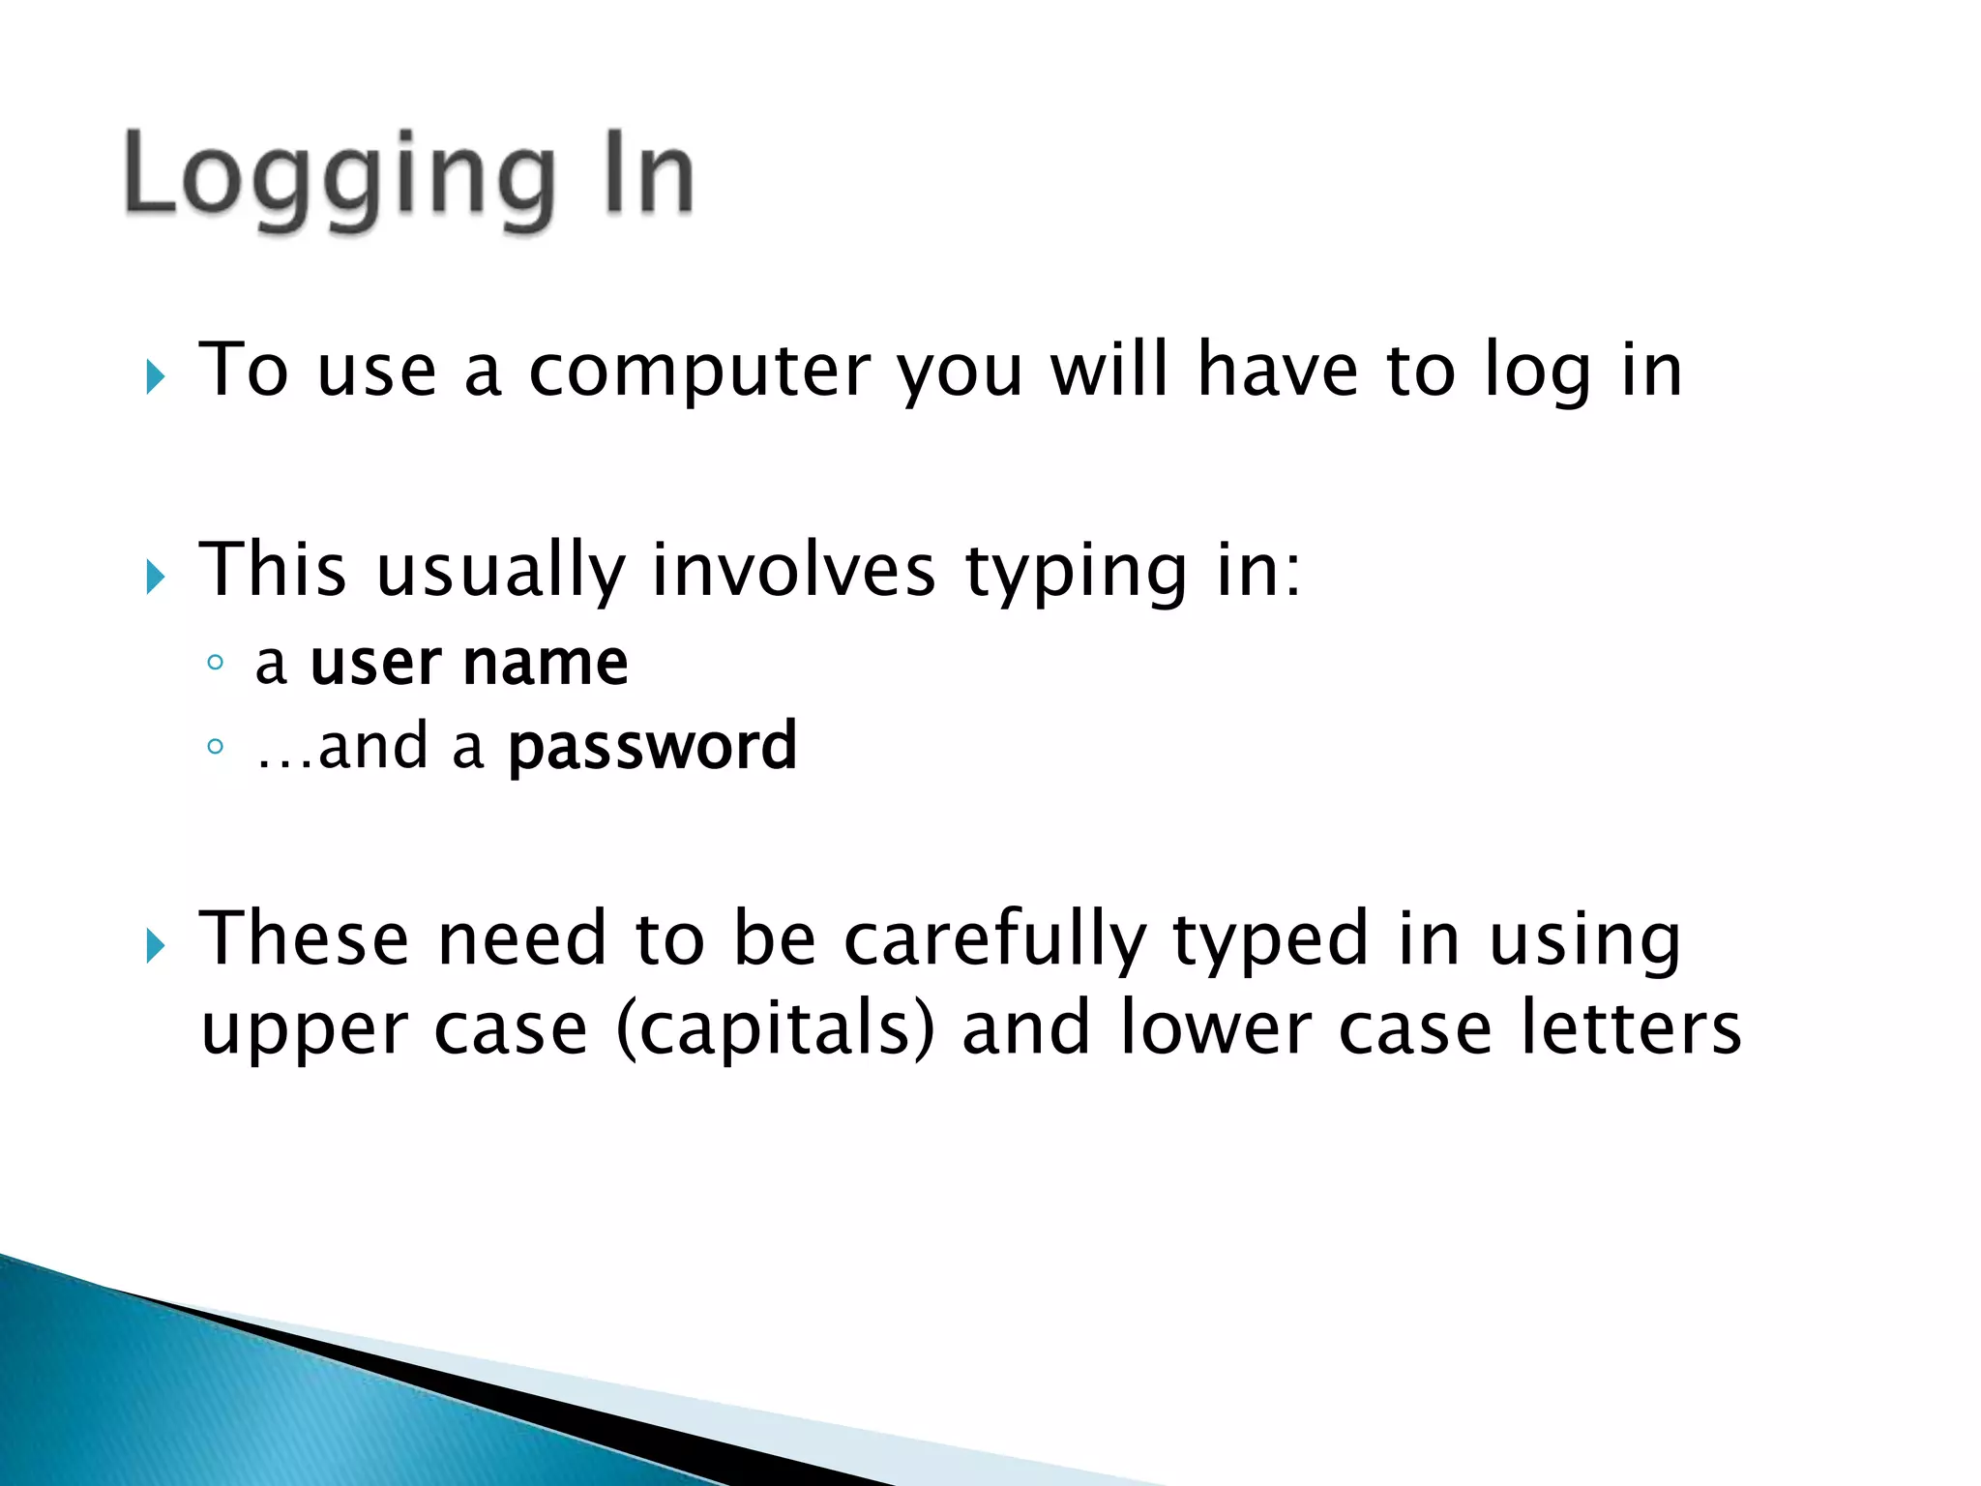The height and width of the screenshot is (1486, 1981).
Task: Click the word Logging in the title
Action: click(340, 179)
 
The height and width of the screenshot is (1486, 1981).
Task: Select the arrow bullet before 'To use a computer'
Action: click(156, 376)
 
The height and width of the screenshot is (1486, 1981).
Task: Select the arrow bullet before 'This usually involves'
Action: click(156, 577)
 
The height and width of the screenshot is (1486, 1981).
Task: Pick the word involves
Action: click(794, 570)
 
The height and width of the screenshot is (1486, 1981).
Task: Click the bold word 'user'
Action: click(376, 664)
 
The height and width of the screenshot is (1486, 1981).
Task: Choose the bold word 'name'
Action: click(546, 664)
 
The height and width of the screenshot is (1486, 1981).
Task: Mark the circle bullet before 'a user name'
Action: click(216, 664)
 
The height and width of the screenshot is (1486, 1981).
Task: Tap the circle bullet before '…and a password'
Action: click(216, 747)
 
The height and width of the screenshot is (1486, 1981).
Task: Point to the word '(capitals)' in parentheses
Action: click(775, 1028)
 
